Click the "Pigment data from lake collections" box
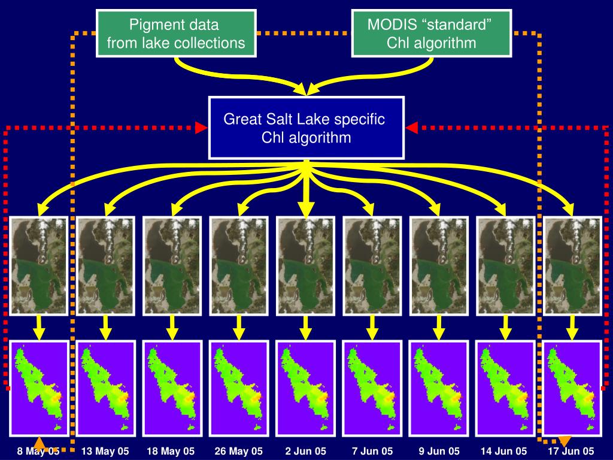tap(176, 34)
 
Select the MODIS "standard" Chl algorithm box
tap(431, 34)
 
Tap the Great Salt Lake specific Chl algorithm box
tap(306, 128)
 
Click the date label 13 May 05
tap(105, 451)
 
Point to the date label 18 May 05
tap(171, 451)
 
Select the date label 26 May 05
tap(239, 451)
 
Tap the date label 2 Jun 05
tap(306, 451)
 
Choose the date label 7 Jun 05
tap(372, 451)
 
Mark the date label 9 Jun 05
tap(439, 451)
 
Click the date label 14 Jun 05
tap(506, 451)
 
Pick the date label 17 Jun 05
tap(572, 451)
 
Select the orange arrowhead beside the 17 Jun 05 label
tap(564, 441)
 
